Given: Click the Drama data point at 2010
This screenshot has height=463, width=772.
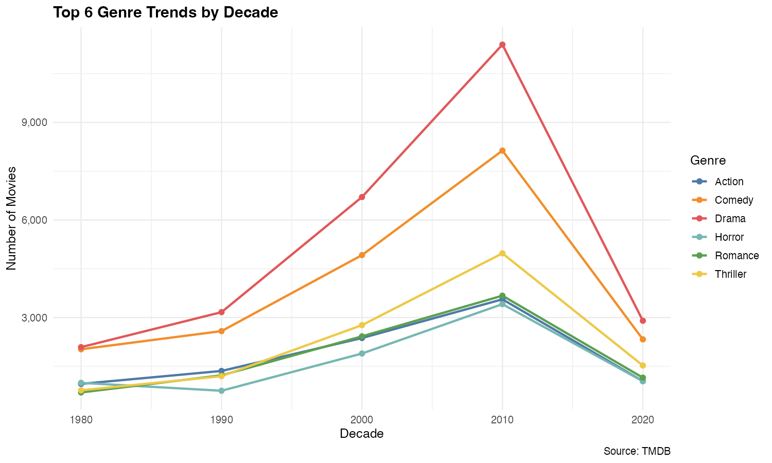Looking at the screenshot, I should point(502,45).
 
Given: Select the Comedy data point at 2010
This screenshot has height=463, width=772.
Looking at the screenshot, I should point(502,151).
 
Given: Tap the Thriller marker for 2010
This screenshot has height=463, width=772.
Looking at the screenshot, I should point(502,253).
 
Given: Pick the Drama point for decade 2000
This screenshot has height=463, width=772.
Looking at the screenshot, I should point(362,197).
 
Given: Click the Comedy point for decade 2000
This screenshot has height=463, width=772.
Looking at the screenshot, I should point(362,255).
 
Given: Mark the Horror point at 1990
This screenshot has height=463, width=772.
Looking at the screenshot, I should point(221,391).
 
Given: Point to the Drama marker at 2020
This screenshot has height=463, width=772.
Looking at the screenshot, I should point(643,320).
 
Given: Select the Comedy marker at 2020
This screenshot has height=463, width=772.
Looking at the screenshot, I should point(643,340).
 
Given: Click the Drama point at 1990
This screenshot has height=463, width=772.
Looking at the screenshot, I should point(221,312).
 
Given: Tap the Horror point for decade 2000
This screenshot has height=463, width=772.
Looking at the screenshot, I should point(362,353).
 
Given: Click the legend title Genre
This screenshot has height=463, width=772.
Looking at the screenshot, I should point(708,161).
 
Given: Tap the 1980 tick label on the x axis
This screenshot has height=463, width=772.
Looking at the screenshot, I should point(81,420).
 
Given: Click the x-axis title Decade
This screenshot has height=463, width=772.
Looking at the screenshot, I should point(362,434).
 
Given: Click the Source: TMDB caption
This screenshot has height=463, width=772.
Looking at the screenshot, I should point(637,452).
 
